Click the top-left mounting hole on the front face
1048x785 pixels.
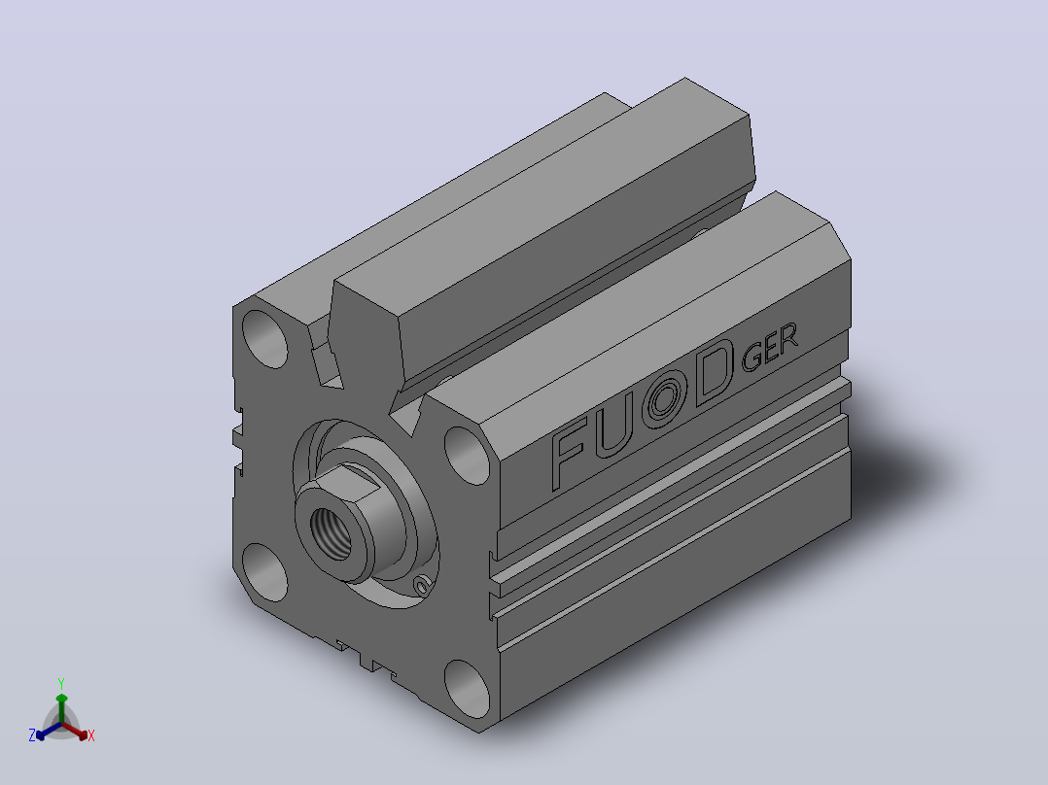(x=264, y=339)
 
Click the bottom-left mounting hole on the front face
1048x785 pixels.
(x=264, y=572)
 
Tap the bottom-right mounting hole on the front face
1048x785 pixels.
(x=468, y=689)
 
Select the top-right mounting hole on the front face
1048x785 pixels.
(x=468, y=456)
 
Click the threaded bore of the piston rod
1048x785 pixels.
(x=332, y=533)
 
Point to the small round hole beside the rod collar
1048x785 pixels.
(x=422, y=587)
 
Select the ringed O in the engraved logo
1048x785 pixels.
(x=664, y=399)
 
